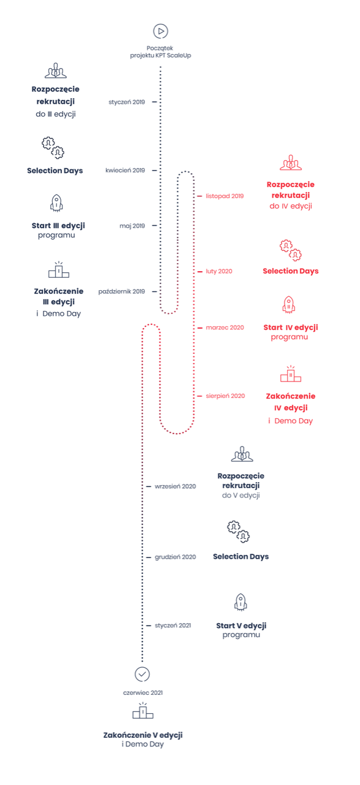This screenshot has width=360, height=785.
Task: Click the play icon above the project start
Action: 161,31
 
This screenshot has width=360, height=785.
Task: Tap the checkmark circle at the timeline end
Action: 142,674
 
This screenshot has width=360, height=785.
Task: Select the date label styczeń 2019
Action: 126,102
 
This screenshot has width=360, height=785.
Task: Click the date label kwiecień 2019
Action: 125,170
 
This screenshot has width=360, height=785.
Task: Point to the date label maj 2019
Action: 132,226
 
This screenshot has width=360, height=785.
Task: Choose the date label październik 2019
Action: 121,291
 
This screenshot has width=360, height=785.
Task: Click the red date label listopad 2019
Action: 224,196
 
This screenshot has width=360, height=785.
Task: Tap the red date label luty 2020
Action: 219,271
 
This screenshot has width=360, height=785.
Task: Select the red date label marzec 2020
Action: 224,327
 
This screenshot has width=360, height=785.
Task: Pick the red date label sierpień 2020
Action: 226,396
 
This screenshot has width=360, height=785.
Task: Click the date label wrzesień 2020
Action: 175,486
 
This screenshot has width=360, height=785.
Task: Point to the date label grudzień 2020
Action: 175,557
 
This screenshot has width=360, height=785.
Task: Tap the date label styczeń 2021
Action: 173,626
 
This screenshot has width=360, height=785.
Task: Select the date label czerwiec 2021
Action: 143,693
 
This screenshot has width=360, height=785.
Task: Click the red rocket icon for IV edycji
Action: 289,305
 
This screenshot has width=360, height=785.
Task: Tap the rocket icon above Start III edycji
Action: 57,203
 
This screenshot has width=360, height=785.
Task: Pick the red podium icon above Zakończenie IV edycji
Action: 291,374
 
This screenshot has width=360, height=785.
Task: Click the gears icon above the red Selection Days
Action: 291,251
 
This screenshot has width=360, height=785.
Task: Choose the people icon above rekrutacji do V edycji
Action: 242,454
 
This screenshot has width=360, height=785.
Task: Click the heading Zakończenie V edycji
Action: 143,735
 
